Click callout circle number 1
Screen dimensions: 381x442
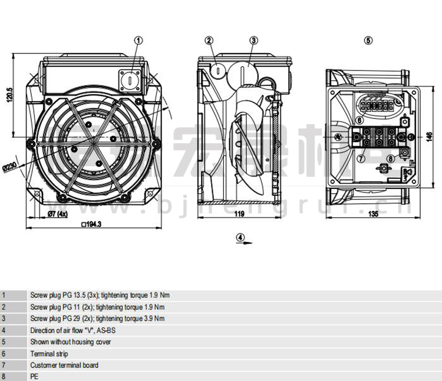pos(139,41)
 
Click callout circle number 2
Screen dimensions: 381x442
pos(209,41)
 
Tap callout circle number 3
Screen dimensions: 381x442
pos(253,41)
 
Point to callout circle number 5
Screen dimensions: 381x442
pos(368,41)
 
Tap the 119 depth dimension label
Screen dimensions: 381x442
pos(239,214)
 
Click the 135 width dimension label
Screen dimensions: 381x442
pos(373,214)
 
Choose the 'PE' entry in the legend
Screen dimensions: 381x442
pos(34,376)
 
